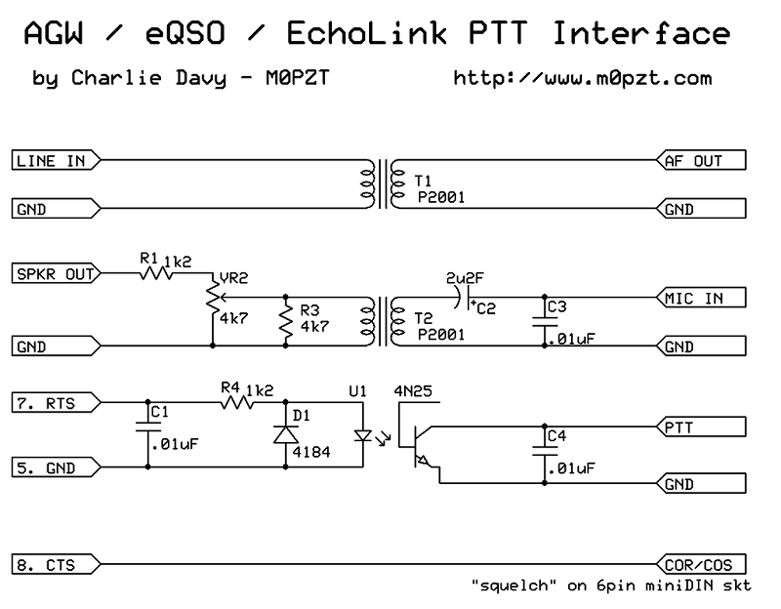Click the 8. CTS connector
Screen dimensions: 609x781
49,565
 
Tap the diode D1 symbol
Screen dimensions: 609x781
285,433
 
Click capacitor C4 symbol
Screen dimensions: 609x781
541,450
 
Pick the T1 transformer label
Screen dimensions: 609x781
421,181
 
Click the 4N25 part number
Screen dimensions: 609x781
413,392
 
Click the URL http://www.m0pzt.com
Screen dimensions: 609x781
582,77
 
